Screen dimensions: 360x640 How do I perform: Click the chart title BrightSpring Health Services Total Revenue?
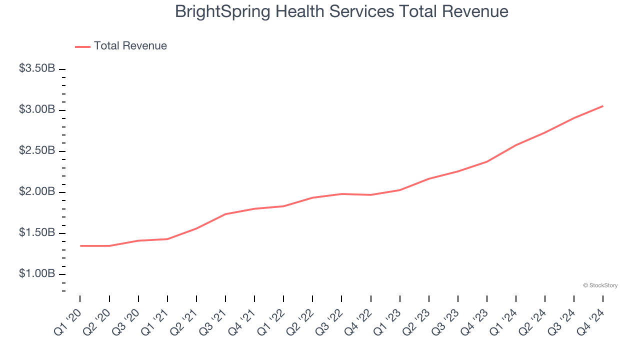[x=341, y=11]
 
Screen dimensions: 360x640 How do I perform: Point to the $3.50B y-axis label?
[x=37, y=68]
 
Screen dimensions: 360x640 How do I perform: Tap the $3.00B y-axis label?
[x=37, y=109]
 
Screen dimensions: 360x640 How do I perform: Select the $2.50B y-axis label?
[x=37, y=150]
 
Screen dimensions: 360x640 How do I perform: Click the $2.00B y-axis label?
[x=37, y=191]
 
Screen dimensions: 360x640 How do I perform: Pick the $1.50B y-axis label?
[x=37, y=232]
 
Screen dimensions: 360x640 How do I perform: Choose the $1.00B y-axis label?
[x=37, y=273]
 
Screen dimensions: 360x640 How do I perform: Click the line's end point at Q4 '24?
[x=602, y=106]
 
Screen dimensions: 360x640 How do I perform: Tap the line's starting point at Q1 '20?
[x=80, y=246]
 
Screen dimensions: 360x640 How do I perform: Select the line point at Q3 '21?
[x=225, y=214]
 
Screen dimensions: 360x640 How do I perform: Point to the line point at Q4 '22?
[x=371, y=195]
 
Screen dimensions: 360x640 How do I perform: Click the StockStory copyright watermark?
[x=600, y=285]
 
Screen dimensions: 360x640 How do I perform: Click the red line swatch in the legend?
[x=82, y=46]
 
